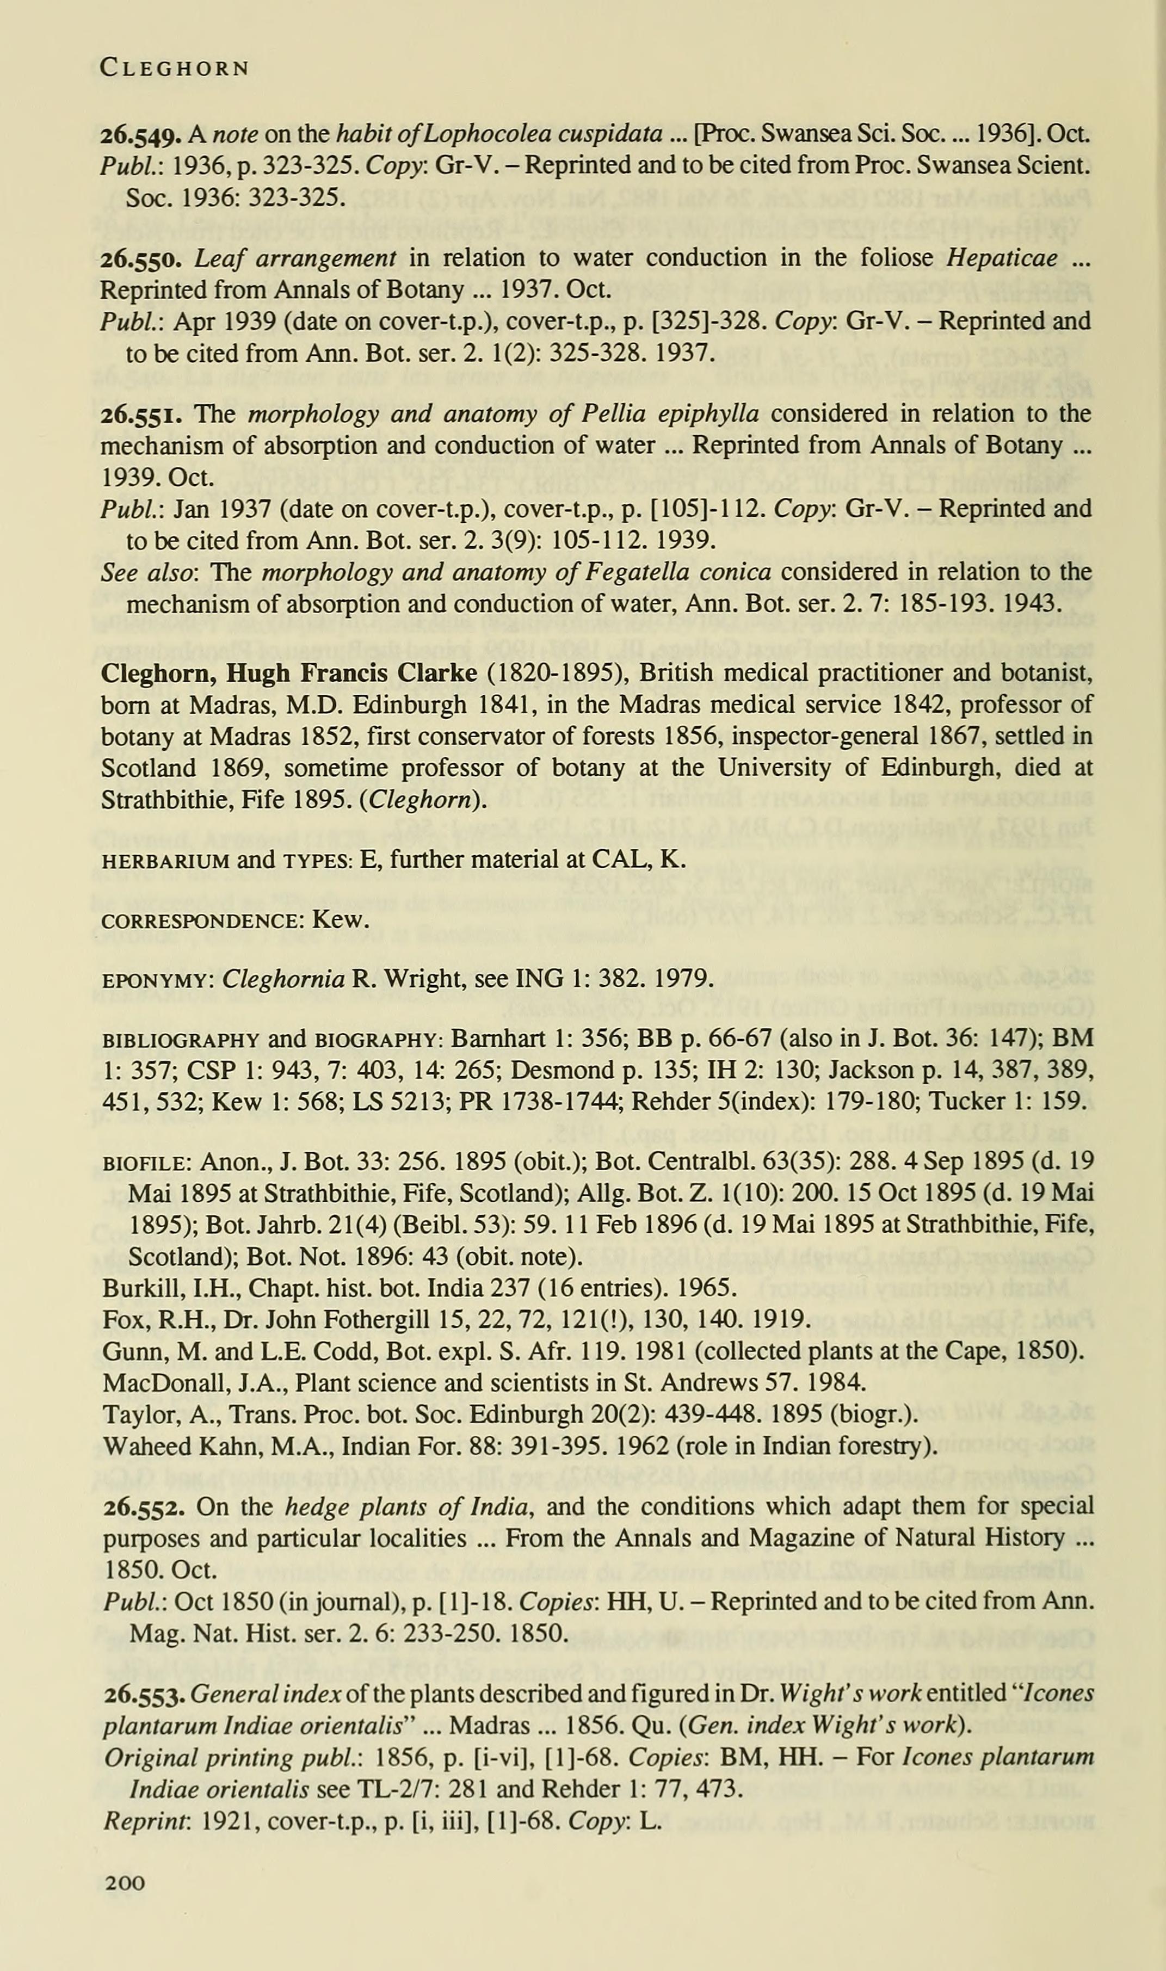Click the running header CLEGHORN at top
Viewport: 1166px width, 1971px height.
click(x=175, y=69)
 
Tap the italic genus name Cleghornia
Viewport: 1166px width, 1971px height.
click(x=283, y=979)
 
